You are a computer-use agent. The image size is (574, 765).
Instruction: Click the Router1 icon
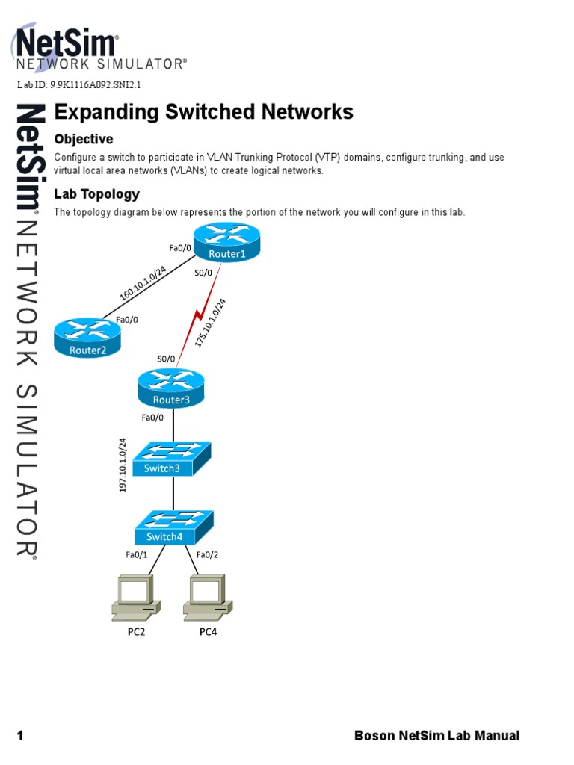226,244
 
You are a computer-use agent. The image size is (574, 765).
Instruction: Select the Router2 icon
87,337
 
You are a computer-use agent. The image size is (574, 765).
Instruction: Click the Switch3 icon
173,457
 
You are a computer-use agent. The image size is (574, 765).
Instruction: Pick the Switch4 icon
174,527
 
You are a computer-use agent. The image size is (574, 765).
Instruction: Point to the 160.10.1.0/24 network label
142,284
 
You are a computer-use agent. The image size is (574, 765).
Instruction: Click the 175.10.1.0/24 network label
211,323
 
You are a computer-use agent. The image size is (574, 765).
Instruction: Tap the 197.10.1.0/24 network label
123,465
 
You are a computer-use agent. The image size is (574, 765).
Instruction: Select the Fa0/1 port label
137,554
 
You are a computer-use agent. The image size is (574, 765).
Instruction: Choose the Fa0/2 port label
207,554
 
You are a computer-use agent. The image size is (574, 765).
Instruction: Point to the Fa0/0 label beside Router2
126,320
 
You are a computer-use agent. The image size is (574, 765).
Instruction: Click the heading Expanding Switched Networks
203,112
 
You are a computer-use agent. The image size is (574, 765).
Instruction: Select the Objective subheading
84,139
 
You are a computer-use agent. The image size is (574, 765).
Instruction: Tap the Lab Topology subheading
96,194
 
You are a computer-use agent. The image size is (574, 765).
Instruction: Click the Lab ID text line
79,84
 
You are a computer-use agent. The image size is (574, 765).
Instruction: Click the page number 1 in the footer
20,736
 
